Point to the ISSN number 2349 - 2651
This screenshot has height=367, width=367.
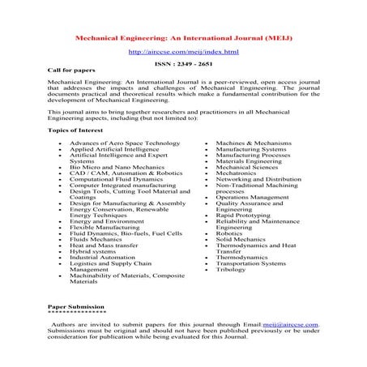[x=183, y=63]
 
